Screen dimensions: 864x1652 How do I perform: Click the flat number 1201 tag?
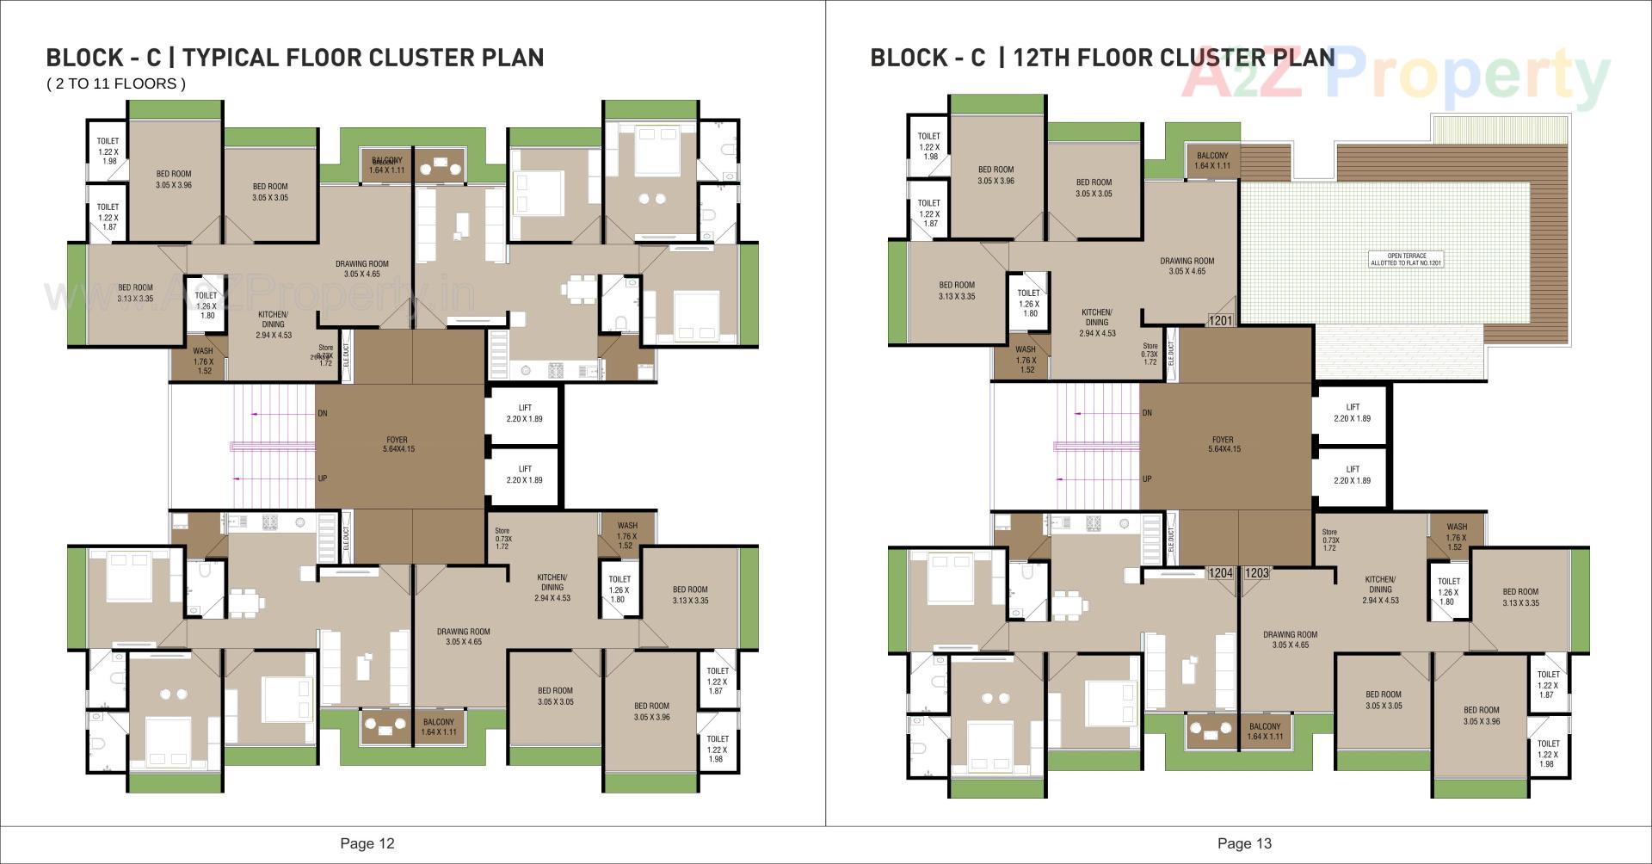click(x=1221, y=320)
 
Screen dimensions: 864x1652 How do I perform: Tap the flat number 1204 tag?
click(x=1220, y=572)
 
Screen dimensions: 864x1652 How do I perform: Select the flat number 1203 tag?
click(x=1256, y=572)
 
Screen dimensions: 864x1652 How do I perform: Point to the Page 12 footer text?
click(x=367, y=843)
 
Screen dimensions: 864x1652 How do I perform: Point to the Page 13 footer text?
click(x=1244, y=843)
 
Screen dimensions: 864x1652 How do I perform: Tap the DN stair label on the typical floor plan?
click(x=323, y=413)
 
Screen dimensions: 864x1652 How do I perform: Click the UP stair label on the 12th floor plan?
click(x=1147, y=478)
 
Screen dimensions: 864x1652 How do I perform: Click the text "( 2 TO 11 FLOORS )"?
click(x=116, y=83)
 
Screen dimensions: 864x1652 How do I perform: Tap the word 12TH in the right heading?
click(x=1042, y=58)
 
